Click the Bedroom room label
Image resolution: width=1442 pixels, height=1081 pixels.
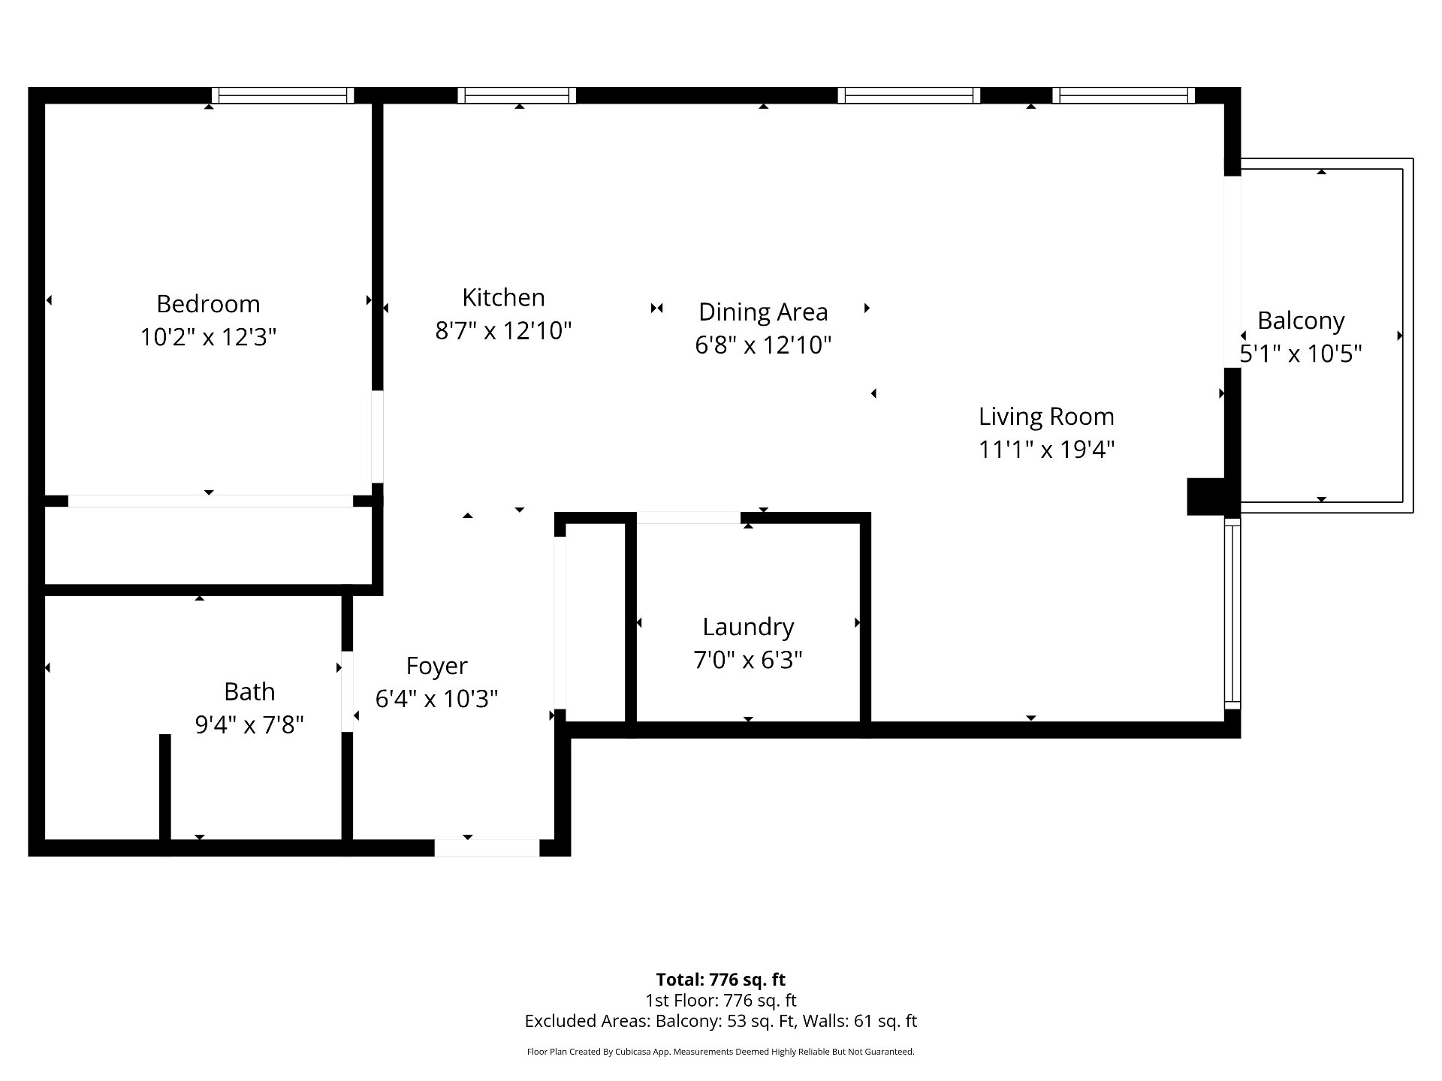[x=208, y=304]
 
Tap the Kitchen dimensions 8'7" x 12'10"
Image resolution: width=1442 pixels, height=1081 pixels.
[x=503, y=330]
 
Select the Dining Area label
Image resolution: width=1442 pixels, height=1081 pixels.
[x=763, y=312]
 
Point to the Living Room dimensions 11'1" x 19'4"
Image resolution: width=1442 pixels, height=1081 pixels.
[x=1046, y=449]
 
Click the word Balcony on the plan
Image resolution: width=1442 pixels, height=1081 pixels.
[x=1301, y=321]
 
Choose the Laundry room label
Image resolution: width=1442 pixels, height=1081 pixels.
[x=748, y=628]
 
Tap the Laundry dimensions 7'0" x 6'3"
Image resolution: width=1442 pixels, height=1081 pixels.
[x=748, y=660]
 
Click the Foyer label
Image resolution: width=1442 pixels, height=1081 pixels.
[x=436, y=667]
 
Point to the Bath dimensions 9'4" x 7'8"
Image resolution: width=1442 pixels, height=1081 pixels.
[x=249, y=724]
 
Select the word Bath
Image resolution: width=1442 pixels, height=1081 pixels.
[x=249, y=691]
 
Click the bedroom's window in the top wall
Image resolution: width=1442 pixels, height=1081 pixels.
[x=282, y=95]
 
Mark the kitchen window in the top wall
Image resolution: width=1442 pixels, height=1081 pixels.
[x=517, y=95]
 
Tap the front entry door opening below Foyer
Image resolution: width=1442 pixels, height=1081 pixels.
[x=487, y=848]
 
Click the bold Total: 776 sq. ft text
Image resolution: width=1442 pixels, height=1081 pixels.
[x=721, y=980]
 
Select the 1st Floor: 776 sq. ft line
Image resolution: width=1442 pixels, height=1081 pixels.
[x=721, y=1001]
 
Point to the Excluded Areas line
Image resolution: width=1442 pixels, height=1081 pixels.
[x=721, y=1021]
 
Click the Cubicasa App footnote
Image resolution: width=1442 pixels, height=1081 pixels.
[x=721, y=1052]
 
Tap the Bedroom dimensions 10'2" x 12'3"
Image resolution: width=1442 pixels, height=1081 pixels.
[x=208, y=337]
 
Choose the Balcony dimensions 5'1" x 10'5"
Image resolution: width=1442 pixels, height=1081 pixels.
[x=1301, y=354]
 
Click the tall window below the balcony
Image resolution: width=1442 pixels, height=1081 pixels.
[x=1232, y=613]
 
